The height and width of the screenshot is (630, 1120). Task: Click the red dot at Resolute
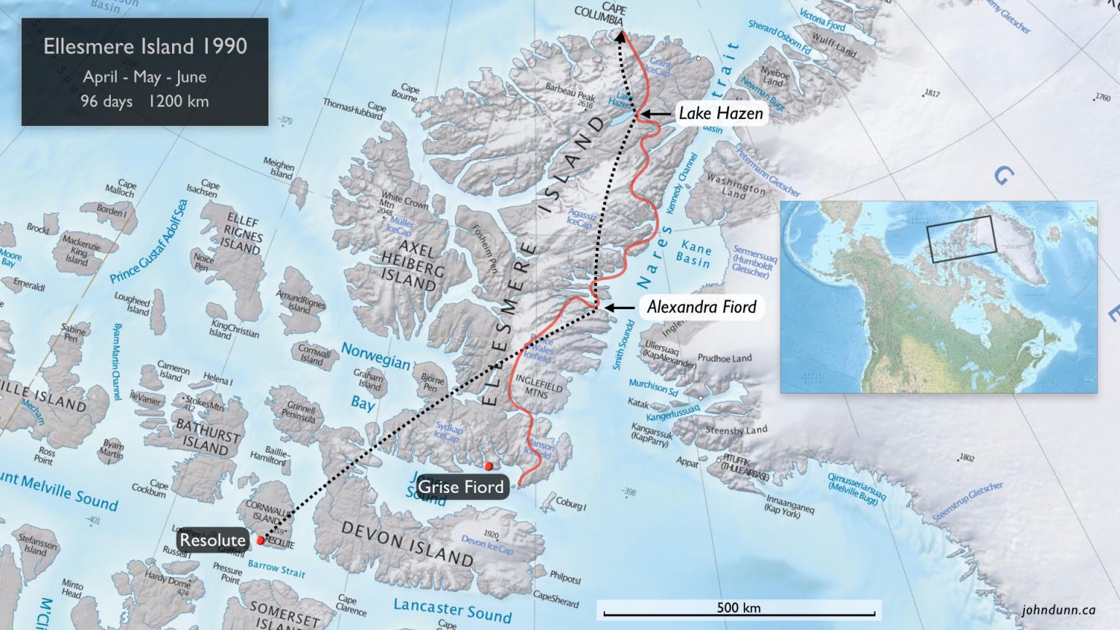point(260,540)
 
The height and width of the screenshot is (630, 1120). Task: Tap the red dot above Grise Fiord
point(489,466)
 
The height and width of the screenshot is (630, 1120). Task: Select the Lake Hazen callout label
point(720,113)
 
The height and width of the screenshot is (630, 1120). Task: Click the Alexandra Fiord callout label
point(701,307)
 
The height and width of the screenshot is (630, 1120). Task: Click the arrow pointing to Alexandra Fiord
point(620,308)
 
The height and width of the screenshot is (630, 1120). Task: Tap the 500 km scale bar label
point(738,607)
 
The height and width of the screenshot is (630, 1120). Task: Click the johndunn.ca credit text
point(1059,610)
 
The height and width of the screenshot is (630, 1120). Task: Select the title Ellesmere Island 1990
point(145,46)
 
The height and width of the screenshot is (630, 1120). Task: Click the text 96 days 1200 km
point(145,101)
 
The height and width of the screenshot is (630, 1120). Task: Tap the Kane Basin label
point(694,254)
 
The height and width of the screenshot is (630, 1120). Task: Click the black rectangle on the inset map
point(961,238)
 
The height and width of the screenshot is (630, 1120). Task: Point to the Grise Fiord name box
point(460,486)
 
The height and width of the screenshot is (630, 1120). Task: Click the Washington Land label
point(736,186)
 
